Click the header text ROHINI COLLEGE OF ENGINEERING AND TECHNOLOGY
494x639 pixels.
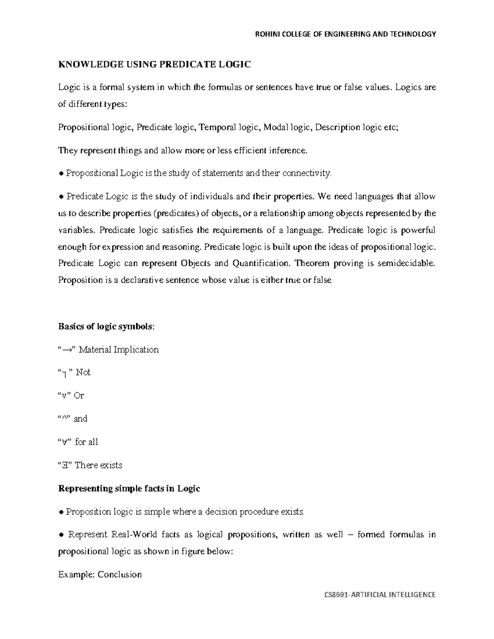point(345,34)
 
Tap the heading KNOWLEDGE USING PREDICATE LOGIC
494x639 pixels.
point(154,64)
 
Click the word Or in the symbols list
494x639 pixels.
point(79,395)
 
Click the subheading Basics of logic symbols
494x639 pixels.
point(107,327)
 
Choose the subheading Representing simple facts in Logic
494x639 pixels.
point(129,488)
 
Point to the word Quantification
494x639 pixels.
point(261,263)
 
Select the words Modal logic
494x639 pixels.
point(287,128)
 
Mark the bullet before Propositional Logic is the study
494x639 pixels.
point(61,174)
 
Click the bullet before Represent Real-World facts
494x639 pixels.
point(61,535)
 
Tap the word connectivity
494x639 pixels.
point(307,173)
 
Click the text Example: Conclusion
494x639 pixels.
point(100,574)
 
